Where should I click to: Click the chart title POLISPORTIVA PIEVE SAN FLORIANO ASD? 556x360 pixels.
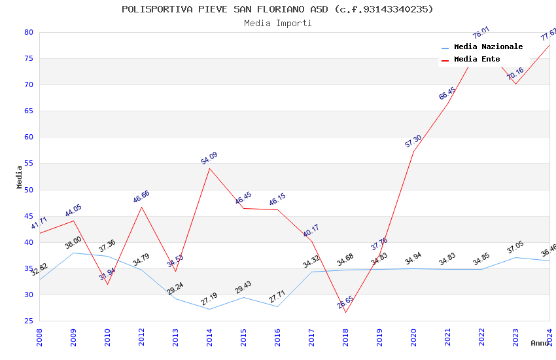click(277, 9)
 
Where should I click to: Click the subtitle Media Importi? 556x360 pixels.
click(277, 23)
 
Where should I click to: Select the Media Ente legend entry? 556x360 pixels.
click(477, 59)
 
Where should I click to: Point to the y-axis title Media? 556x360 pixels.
click(20, 177)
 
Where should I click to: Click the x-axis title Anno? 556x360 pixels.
click(540, 342)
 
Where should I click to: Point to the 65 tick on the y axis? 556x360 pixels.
click(28, 111)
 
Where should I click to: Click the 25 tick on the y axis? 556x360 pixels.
click(28, 321)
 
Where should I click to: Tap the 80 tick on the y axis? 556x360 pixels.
click(28, 32)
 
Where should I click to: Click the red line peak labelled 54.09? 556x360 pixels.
click(209, 168)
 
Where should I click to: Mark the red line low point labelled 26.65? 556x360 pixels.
click(345, 312)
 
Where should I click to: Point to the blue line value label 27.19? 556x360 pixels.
click(209, 299)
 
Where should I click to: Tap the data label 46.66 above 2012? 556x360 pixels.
click(141, 196)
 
